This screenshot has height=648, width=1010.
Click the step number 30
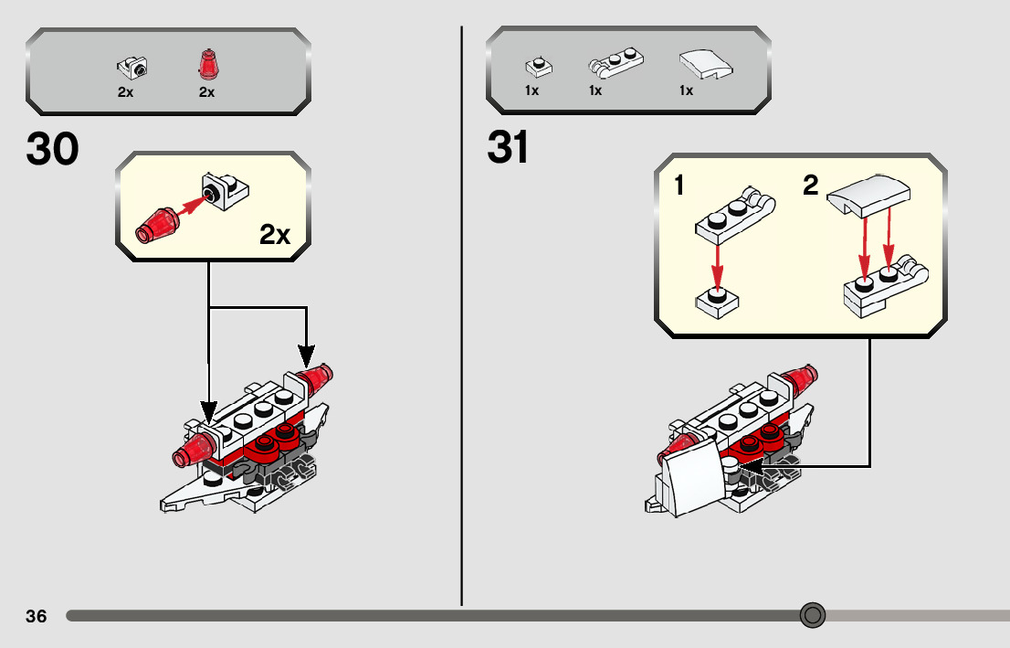click(x=53, y=149)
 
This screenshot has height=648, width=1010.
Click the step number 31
click(x=508, y=148)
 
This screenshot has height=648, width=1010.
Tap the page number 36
click(x=37, y=616)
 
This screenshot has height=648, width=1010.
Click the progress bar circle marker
click(x=812, y=615)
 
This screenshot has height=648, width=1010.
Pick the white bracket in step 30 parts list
click(x=132, y=67)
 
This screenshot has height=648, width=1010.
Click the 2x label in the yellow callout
click(x=274, y=235)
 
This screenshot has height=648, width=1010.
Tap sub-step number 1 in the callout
click(x=679, y=186)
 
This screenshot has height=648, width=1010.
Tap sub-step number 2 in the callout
click(x=811, y=186)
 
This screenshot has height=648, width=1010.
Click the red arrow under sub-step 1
click(x=717, y=264)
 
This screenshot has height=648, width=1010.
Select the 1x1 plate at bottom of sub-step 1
click(x=717, y=303)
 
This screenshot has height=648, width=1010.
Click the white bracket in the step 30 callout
click(x=226, y=188)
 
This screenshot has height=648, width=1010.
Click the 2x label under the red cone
click(x=207, y=92)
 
